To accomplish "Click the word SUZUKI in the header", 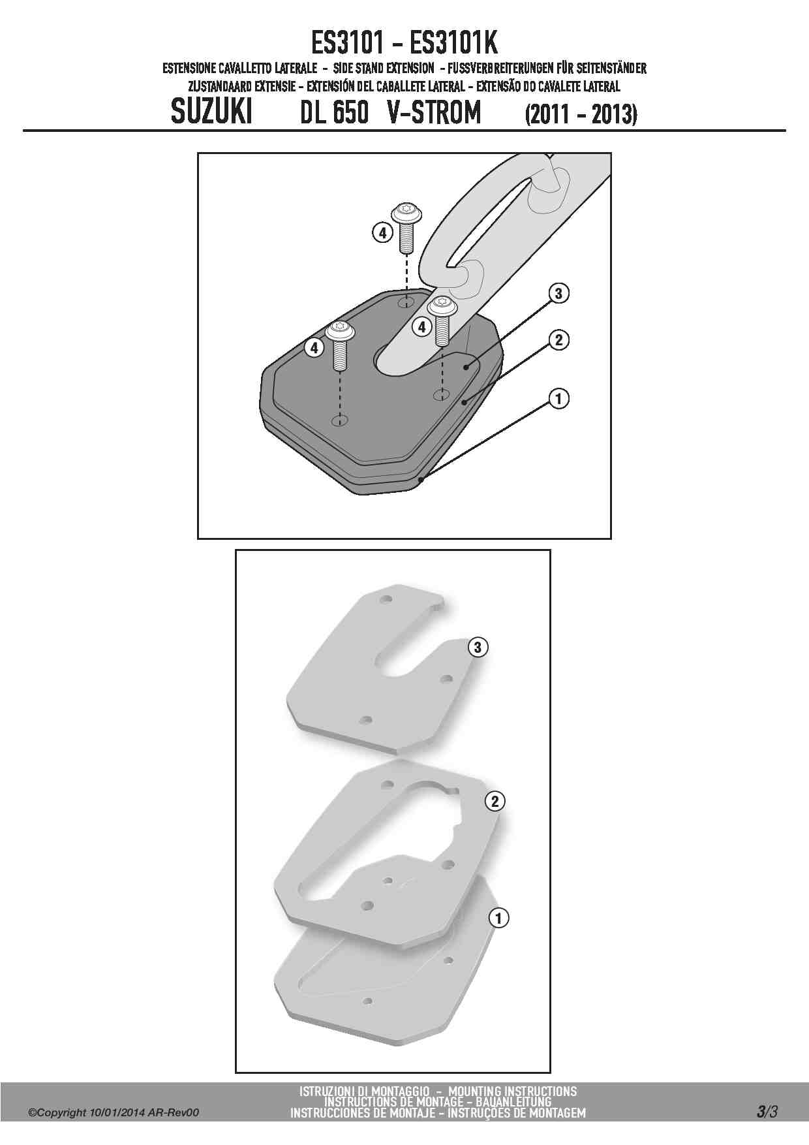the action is (211, 112).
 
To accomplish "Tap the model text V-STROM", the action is (435, 112).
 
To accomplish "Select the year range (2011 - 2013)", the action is (581, 114).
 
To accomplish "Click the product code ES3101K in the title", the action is (453, 43).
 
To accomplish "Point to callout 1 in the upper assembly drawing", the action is (558, 398).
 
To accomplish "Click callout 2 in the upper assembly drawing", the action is (558, 339).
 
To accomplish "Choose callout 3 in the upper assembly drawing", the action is (558, 293).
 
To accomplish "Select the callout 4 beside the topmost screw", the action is (383, 232).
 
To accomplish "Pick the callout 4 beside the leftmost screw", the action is (314, 348).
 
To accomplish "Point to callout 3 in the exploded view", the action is (478, 647).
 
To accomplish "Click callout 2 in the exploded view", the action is (495, 801).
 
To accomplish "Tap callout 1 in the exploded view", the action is (499, 918).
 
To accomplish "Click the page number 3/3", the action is (767, 1111).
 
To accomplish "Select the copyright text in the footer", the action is (114, 1112).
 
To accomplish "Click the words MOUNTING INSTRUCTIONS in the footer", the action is (513, 1091).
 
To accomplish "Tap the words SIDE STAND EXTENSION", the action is (384, 68).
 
